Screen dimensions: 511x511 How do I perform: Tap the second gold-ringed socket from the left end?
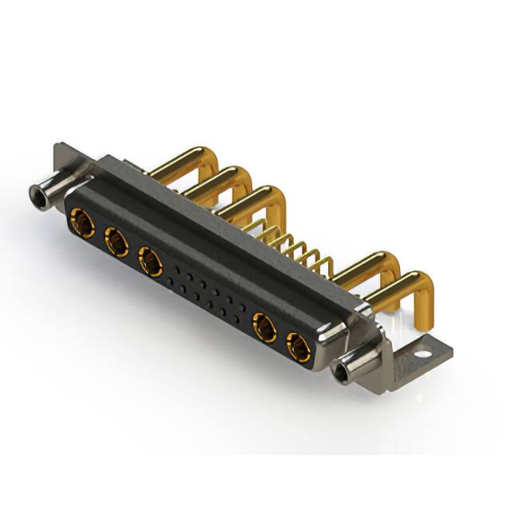pos(115,240)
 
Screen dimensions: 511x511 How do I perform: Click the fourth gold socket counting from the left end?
pos(263,326)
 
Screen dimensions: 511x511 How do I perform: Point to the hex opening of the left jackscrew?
pos(35,192)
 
